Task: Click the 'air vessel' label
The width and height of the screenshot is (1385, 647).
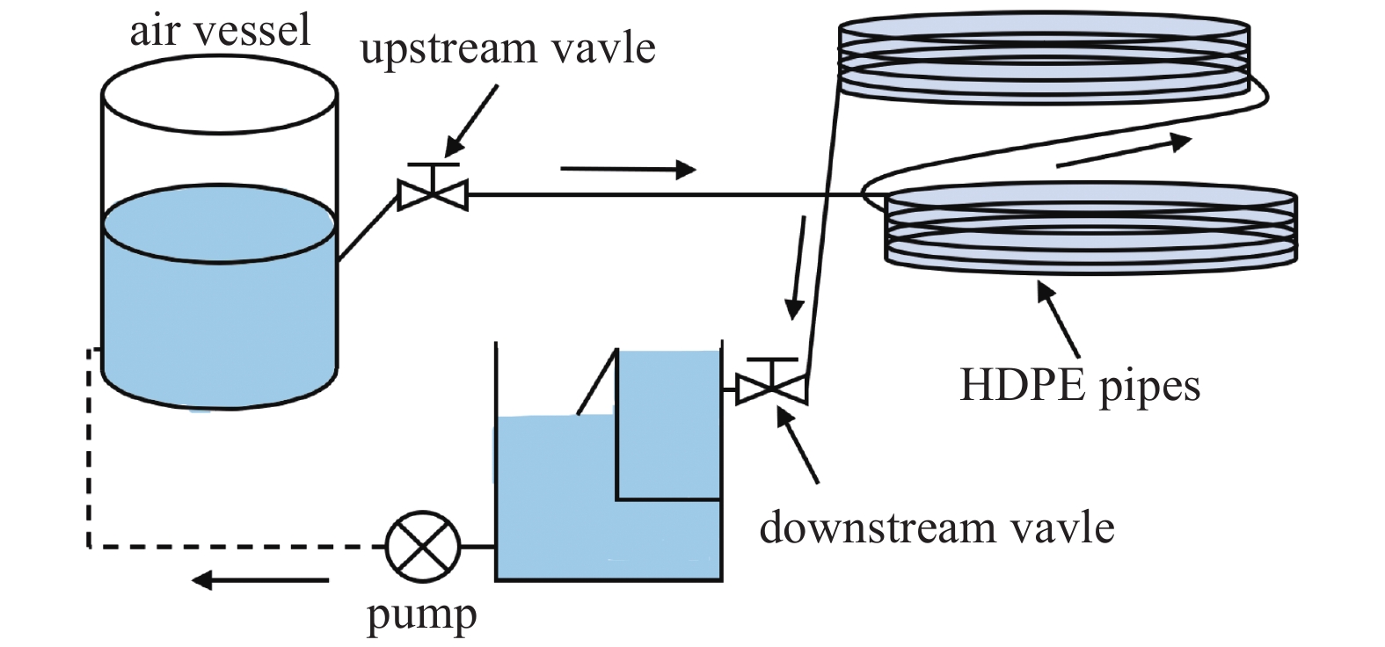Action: [220, 32]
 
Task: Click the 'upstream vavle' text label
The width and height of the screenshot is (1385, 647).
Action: [508, 47]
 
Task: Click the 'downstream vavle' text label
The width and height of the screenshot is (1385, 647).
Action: [937, 528]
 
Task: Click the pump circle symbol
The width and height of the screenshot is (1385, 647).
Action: [423, 547]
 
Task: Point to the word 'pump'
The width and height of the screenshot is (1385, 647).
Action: [421, 614]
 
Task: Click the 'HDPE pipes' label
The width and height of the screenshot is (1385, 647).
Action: [1079, 385]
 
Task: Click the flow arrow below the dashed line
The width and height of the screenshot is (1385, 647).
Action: [260, 580]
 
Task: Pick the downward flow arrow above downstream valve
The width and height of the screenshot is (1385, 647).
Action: [798, 268]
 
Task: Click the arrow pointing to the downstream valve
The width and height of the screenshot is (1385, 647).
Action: [796, 445]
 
